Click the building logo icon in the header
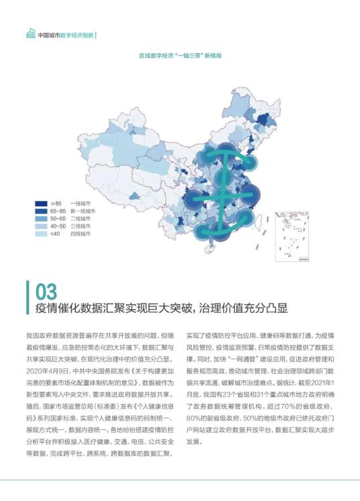(29, 33)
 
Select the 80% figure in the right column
(194, 418)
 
